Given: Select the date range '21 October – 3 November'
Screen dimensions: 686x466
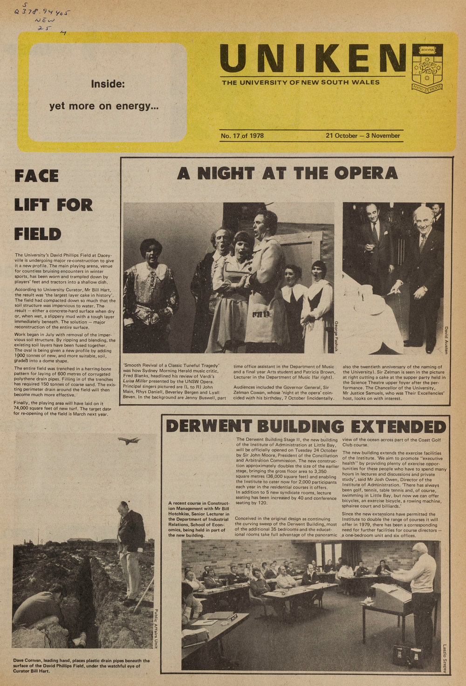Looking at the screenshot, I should (x=363, y=136).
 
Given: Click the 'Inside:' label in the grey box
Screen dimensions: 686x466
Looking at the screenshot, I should (x=108, y=84).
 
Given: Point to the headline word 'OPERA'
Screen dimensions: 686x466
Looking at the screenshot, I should (x=366, y=173).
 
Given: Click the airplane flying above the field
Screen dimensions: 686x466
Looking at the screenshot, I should (x=129, y=440).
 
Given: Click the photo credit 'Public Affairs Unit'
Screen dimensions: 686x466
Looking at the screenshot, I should (x=156, y=629).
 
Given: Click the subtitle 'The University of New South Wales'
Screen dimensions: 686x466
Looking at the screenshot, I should (x=301, y=82).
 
